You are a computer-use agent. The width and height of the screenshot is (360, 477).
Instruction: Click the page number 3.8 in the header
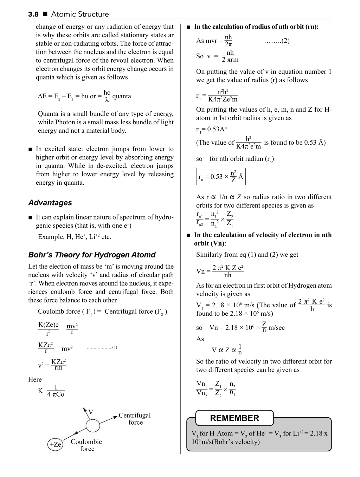click(33, 14)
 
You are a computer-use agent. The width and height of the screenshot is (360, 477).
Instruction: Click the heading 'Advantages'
click(50, 203)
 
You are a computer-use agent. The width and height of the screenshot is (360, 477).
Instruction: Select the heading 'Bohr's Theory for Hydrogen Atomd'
click(92, 255)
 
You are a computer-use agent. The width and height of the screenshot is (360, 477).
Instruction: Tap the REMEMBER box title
click(234, 418)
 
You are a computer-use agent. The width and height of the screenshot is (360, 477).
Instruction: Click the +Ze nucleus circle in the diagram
click(55, 444)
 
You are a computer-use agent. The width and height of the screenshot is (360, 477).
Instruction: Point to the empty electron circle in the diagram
click(93, 426)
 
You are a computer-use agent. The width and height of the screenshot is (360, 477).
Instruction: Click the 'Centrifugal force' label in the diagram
click(135, 419)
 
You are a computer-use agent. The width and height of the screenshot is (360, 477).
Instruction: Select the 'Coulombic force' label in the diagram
click(86, 445)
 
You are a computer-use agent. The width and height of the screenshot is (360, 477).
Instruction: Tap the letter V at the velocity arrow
click(91, 412)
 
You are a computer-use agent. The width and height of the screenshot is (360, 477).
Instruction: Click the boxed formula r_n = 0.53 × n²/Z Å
click(220, 177)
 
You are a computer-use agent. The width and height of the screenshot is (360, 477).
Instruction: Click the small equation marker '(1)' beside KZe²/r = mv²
click(114, 347)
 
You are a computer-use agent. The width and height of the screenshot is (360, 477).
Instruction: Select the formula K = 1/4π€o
click(51, 391)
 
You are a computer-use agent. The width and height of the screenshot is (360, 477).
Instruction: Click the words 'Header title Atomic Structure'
click(80, 14)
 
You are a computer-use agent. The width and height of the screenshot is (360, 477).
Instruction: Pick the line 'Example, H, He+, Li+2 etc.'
click(75, 237)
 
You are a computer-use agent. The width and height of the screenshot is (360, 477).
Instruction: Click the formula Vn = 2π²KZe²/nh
click(220, 271)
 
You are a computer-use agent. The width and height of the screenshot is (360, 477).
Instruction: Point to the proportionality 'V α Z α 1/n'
click(227, 350)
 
